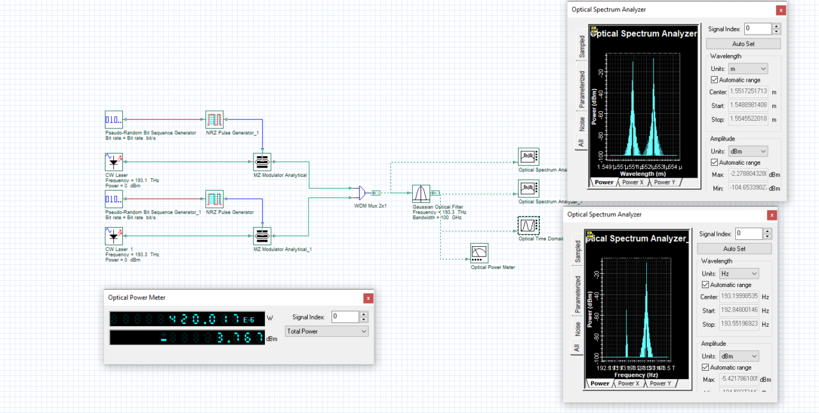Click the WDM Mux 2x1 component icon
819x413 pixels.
(358, 192)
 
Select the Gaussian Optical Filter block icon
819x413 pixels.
(420, 193)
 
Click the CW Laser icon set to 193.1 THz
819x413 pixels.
(114, 161)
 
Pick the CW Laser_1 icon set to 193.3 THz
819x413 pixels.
(114, 236)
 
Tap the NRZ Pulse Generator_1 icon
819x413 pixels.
(214, 120)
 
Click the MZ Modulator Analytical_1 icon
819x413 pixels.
(262, 236)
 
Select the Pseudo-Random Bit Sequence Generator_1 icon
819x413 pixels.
(114, 199)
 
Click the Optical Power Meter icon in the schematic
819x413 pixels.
(479, 253)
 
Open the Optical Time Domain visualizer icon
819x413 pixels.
(529, 226)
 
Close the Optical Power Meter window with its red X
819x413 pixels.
(368, 298)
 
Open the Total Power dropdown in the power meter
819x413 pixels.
(327, 331)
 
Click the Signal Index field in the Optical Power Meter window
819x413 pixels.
(345, 317)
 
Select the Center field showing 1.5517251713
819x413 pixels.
(747, 92)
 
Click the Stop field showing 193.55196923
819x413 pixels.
(739, 324)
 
